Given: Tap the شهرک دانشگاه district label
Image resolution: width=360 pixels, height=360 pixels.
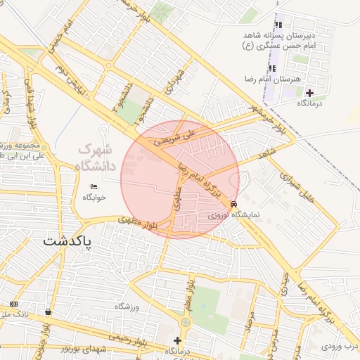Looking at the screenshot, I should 98,157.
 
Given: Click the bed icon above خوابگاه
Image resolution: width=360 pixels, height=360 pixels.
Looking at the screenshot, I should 94,186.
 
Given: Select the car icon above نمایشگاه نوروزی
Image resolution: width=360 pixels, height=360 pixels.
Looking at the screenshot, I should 233,205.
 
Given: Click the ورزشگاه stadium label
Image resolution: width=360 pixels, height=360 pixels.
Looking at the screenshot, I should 129,307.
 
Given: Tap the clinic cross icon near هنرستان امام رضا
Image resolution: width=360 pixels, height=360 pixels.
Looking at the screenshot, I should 309,92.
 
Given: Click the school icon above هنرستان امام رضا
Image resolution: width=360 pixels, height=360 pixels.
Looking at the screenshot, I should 271,68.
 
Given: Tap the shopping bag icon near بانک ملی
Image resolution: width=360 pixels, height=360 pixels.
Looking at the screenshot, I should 48,311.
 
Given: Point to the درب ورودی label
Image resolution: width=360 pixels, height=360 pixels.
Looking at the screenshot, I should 340,346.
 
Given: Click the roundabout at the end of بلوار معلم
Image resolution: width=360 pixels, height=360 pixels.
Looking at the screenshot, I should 185,321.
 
